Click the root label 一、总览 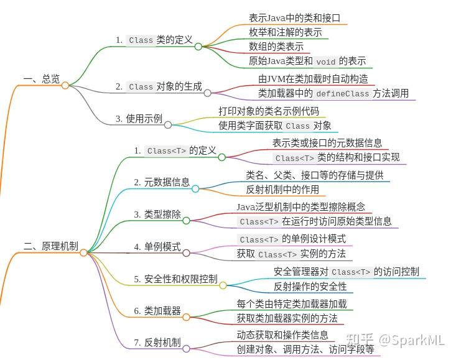[42, 79]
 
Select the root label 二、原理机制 [51, 246]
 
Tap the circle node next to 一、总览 [65, 85]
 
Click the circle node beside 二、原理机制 [83, 253]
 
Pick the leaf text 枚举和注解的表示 [286, 32]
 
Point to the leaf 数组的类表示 [276, 47]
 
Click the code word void [326, 62]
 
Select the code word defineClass [343, 93]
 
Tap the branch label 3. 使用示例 [139, 119]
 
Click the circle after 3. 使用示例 [168, 125]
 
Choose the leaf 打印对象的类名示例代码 [269, 111]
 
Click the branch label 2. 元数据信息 [162, 182]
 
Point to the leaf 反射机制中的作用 [282, 190]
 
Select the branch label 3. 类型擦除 [157, 215]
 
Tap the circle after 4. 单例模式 [187, 253]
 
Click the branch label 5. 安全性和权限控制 [175, 279]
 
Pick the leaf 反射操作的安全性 [310, 287]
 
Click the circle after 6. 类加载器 [187, 317]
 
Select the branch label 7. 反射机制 [157, 343]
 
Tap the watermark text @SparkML [411, 340]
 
